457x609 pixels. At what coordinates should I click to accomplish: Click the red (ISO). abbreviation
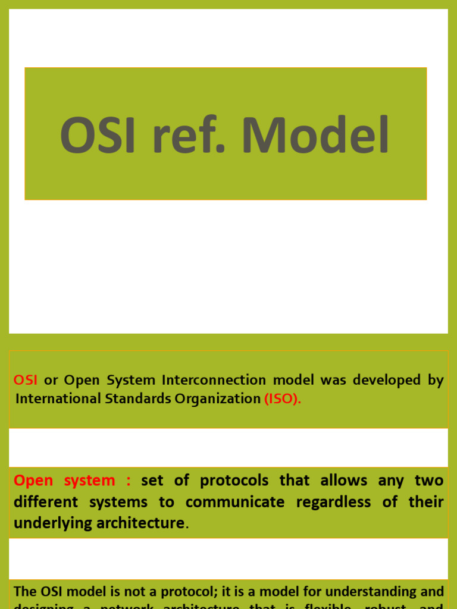(283, 399)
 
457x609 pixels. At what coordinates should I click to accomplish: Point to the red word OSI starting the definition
(26, 381)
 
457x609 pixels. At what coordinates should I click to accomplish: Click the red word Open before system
(33, 481)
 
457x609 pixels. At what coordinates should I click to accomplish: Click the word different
(45, 502)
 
